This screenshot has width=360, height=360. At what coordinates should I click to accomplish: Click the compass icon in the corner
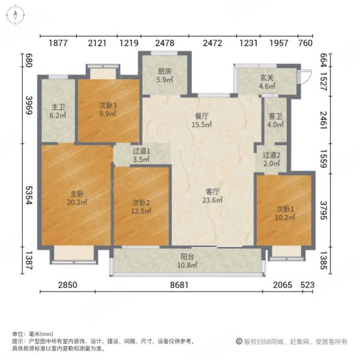[15, 15]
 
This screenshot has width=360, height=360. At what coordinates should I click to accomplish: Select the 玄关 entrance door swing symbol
[305, 76]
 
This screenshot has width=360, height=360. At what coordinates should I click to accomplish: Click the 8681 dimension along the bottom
[179, 285]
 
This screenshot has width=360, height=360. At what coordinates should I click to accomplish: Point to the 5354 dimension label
[29, 195]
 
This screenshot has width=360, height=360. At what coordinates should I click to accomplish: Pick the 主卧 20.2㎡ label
[77, 198]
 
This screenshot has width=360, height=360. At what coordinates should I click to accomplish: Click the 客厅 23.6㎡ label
[212, 196]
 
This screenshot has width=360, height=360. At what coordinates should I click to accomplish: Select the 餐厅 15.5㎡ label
[202, 121]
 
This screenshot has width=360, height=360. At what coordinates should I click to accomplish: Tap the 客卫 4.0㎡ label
[275, 121]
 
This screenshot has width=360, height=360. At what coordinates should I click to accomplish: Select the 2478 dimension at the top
[164, 43]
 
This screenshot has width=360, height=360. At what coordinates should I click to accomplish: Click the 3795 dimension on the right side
[324, 211]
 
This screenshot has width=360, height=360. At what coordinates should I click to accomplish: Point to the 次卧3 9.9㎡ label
[108, 109]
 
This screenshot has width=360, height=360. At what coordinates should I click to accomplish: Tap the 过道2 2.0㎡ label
[271, 159]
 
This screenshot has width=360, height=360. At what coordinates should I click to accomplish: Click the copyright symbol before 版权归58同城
[239, 341]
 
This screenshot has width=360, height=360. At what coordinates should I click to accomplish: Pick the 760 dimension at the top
[305, 43]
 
